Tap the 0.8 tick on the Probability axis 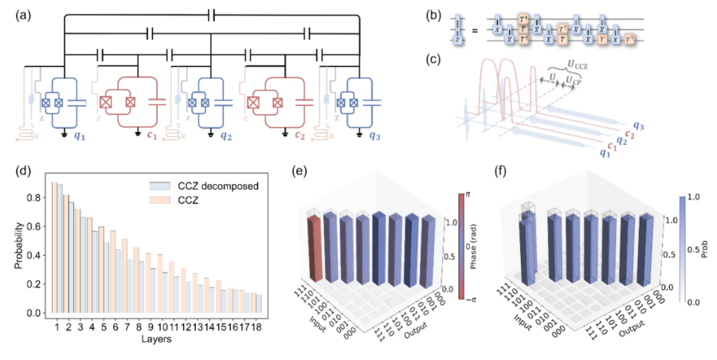coord(33,195)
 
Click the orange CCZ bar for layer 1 coord(54,248)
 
